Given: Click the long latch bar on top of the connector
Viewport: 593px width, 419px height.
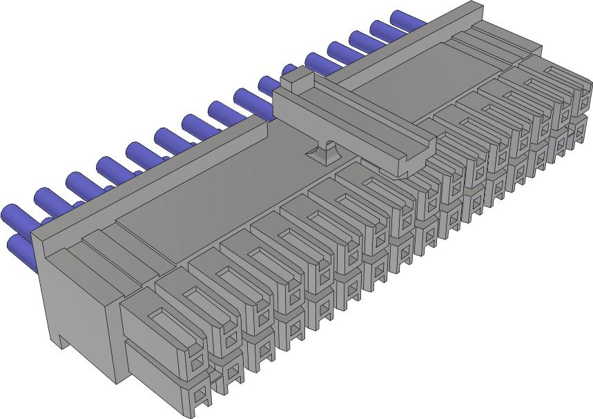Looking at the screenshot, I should pyautogui.click(x=352, y=124).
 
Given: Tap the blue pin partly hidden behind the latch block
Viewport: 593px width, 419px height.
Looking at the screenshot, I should pyautogui.click(x=289, y=70).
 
